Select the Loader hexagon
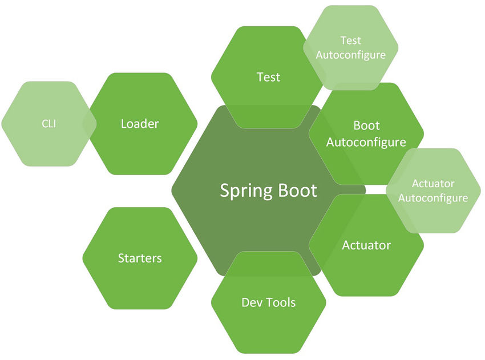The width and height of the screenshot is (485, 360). pos(140,123)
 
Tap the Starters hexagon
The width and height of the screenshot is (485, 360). pos(140,258)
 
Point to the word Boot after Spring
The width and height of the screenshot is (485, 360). pos(295,190)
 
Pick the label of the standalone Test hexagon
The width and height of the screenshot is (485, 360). pos(268,77)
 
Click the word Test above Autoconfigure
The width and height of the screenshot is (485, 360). pos(350,41)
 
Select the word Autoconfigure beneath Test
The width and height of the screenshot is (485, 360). pos(350,55)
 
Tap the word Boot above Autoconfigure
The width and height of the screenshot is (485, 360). pos(366,126)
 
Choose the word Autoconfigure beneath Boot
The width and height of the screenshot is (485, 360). pos(366,141)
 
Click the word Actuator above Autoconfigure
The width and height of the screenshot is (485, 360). pos(433,183)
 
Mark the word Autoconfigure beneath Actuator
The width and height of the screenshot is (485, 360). pos(433,198)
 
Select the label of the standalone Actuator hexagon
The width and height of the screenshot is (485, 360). pos(366,245)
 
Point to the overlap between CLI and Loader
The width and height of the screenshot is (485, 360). pos(90,123)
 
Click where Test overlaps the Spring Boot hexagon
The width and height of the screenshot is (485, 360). pos(268,117)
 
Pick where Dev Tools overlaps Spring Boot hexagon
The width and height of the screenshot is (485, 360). pos(268,264)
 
